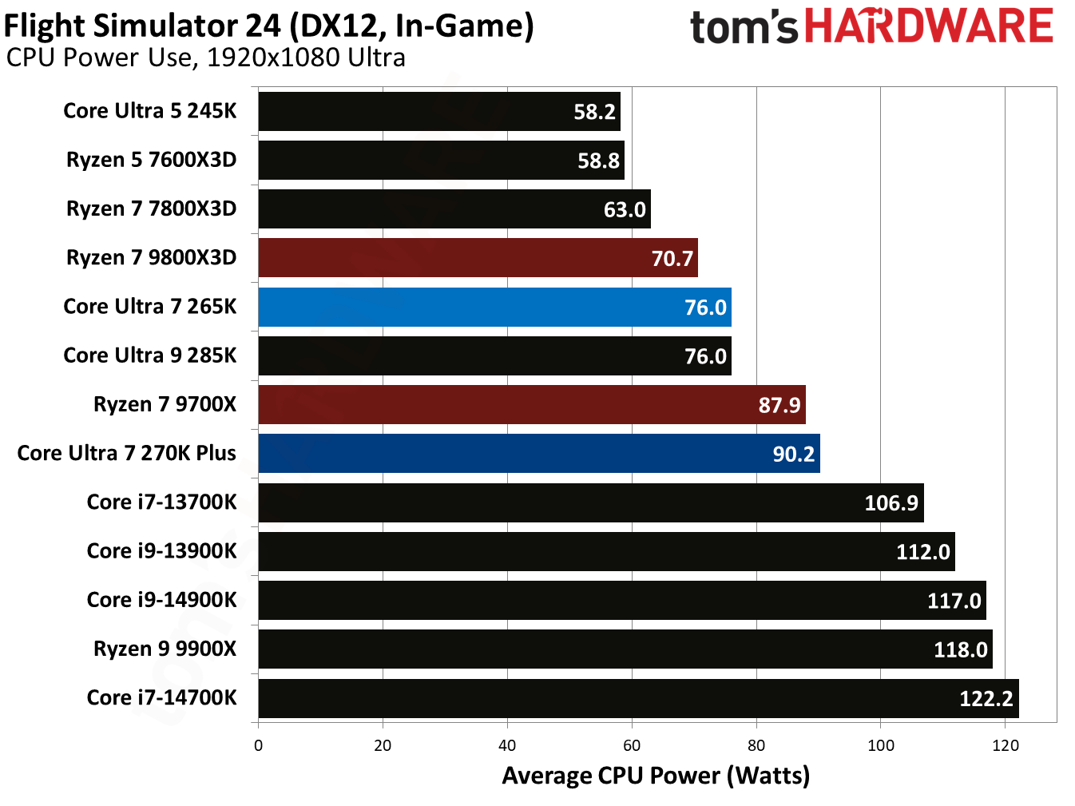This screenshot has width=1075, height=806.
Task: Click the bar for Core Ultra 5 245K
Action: click(438, 111)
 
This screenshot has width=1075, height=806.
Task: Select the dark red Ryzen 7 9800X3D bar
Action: click(478, 258)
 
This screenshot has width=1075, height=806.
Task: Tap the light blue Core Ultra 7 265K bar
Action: click(494, 307)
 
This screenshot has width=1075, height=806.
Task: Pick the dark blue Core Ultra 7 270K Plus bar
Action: click(538, 453)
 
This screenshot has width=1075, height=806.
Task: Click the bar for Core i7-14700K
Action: click(638, 698)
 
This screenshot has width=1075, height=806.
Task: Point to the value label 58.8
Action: click(598, 161)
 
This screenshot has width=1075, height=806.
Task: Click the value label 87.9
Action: click(779, 405)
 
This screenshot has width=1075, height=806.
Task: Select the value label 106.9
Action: click(891, 502)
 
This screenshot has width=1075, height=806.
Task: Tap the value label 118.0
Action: click(960, 649)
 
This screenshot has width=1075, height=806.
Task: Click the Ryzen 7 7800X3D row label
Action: click(151, 208)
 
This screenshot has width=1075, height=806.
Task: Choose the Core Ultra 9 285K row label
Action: click(149, 355)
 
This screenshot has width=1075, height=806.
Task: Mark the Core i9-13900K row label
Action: click(161, 550)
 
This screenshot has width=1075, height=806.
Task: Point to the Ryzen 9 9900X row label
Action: click(165, 648)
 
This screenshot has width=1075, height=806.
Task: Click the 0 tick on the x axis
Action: click(258, 745)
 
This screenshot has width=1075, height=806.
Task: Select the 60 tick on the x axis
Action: click(632, 745)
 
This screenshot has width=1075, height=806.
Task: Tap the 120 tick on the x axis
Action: click(1005, 745)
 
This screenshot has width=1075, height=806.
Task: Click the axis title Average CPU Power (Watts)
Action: click(656, 776)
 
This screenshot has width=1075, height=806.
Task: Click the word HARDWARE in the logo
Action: click(928, 26)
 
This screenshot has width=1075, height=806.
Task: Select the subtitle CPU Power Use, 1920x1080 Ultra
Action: click(205, 58)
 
